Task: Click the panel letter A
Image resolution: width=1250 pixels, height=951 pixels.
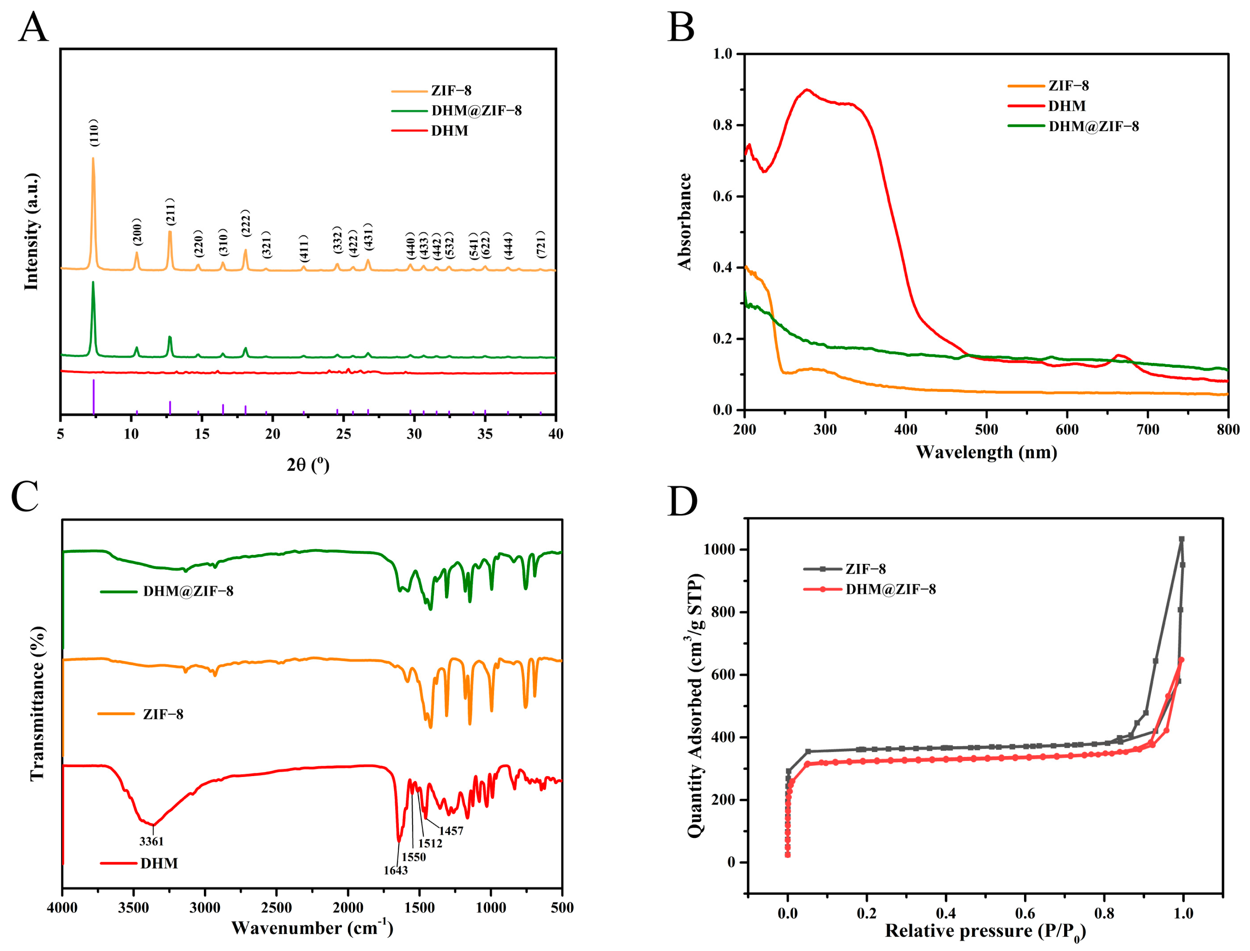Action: pos(33,27)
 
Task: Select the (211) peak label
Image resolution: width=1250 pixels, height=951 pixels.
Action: pos(170,212)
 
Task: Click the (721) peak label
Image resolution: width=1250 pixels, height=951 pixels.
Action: pos(541,245)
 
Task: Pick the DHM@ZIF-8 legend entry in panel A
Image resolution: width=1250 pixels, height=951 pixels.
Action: pos(475,111)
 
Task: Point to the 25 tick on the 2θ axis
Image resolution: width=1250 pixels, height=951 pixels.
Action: pos(344,435)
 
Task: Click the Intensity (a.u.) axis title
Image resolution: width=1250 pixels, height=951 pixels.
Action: pos(32,232)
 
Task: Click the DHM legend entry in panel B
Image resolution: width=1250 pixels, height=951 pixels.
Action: pos(1066,106)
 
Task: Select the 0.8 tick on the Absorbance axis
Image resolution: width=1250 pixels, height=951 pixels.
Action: pos(723,125)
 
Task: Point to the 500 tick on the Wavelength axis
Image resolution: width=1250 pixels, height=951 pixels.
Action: pos(986,430)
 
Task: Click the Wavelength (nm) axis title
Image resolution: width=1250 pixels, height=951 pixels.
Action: pos(986,452)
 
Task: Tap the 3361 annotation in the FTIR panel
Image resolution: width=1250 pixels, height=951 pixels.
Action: pos(151,842)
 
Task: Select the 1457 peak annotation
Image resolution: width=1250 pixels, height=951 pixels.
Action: pos(451,831)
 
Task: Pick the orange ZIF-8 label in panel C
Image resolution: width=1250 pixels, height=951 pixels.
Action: pos(163,714)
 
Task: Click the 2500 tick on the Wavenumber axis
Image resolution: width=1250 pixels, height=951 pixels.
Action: pos(276,908)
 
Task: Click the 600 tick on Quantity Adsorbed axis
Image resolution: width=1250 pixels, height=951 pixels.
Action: pos(722,675)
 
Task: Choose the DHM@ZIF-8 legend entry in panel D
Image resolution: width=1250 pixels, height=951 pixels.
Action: pos(890,589)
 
